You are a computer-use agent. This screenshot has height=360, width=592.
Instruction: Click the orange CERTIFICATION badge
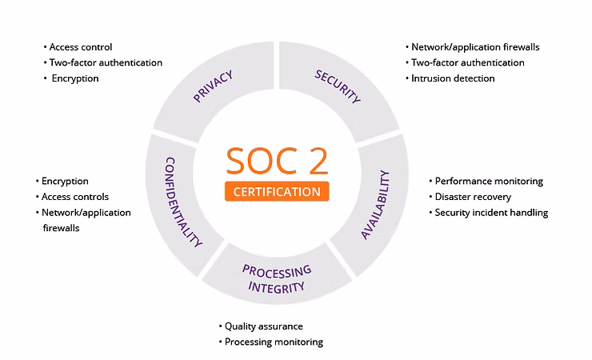pyautogui.click(x=276, y=192)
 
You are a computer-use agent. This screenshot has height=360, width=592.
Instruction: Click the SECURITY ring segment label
pyautogui.click(x=338, y=87)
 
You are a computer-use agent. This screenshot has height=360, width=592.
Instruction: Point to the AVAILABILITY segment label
pyautogui.click(x=375, y=205)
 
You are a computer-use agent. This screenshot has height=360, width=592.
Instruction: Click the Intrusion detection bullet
pyautogui.click(x=453, y=78)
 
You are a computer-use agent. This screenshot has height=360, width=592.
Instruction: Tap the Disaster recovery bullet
pyautogui.click(x=472, y=197)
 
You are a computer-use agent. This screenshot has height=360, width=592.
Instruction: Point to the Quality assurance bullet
pyautogui.click(x=263, y=326)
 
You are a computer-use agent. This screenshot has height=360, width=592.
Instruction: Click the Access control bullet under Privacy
pyautogui.click(x=80, y=47)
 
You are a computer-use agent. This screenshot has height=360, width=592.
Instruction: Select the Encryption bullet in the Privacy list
pyautogui.click(x=75, y=78)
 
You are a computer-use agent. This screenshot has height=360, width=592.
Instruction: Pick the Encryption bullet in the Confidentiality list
pyautogui.click(x=65, y=182)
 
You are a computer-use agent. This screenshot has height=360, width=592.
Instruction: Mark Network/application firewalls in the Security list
pyautogui.click(x=475, y=47)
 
